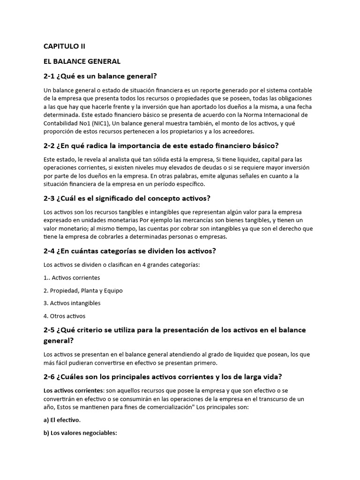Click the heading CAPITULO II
[x=65, y=46]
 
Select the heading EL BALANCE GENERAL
[x=82, y=61]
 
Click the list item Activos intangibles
[x=75, y=303]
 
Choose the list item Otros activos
[x=68, y=316]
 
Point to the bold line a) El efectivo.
[x=62, y=420]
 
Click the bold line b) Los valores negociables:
[x=80, y=433]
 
